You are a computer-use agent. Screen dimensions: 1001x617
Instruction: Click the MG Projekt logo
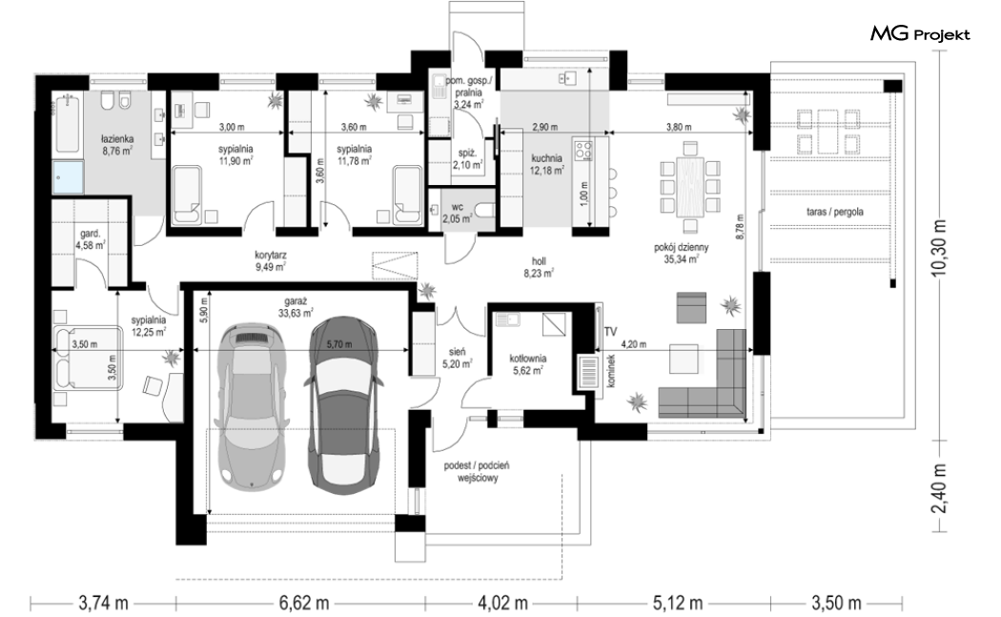coord(920,34)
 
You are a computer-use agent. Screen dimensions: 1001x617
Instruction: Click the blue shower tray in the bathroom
coord(69,177)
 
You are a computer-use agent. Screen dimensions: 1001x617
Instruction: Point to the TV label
coord(610,332)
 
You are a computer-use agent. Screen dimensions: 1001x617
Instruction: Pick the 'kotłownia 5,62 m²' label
coord(527,363)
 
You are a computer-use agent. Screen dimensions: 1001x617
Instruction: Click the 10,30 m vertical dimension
coord(938,247)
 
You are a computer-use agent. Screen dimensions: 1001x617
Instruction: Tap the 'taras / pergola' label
coord(834,212)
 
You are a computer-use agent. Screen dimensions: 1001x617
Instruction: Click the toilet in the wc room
coord(486,210)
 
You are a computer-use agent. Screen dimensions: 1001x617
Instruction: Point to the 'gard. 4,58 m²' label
coord(90,238)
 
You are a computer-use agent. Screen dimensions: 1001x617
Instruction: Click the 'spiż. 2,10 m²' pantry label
coord(467,159)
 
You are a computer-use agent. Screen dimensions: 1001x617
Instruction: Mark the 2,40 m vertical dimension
coord(938,488)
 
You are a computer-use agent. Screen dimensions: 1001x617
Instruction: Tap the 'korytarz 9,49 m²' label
coord(270,261)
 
